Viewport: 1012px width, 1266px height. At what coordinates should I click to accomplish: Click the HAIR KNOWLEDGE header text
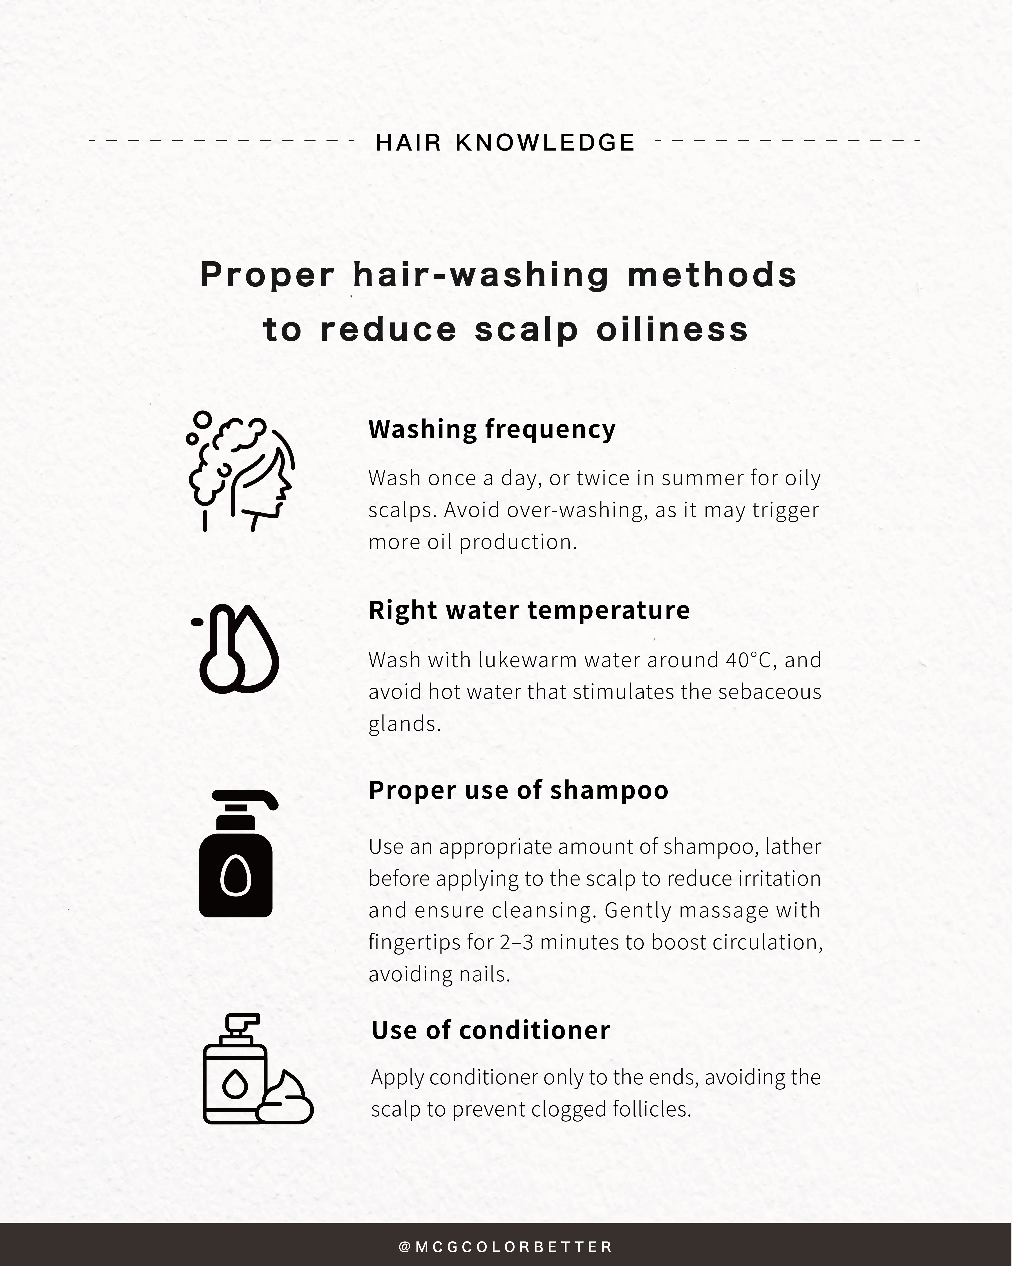point(505,143)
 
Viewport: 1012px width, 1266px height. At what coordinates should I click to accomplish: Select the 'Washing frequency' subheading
point(491,429)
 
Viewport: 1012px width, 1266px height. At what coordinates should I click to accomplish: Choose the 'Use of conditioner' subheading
point(491,1030)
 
